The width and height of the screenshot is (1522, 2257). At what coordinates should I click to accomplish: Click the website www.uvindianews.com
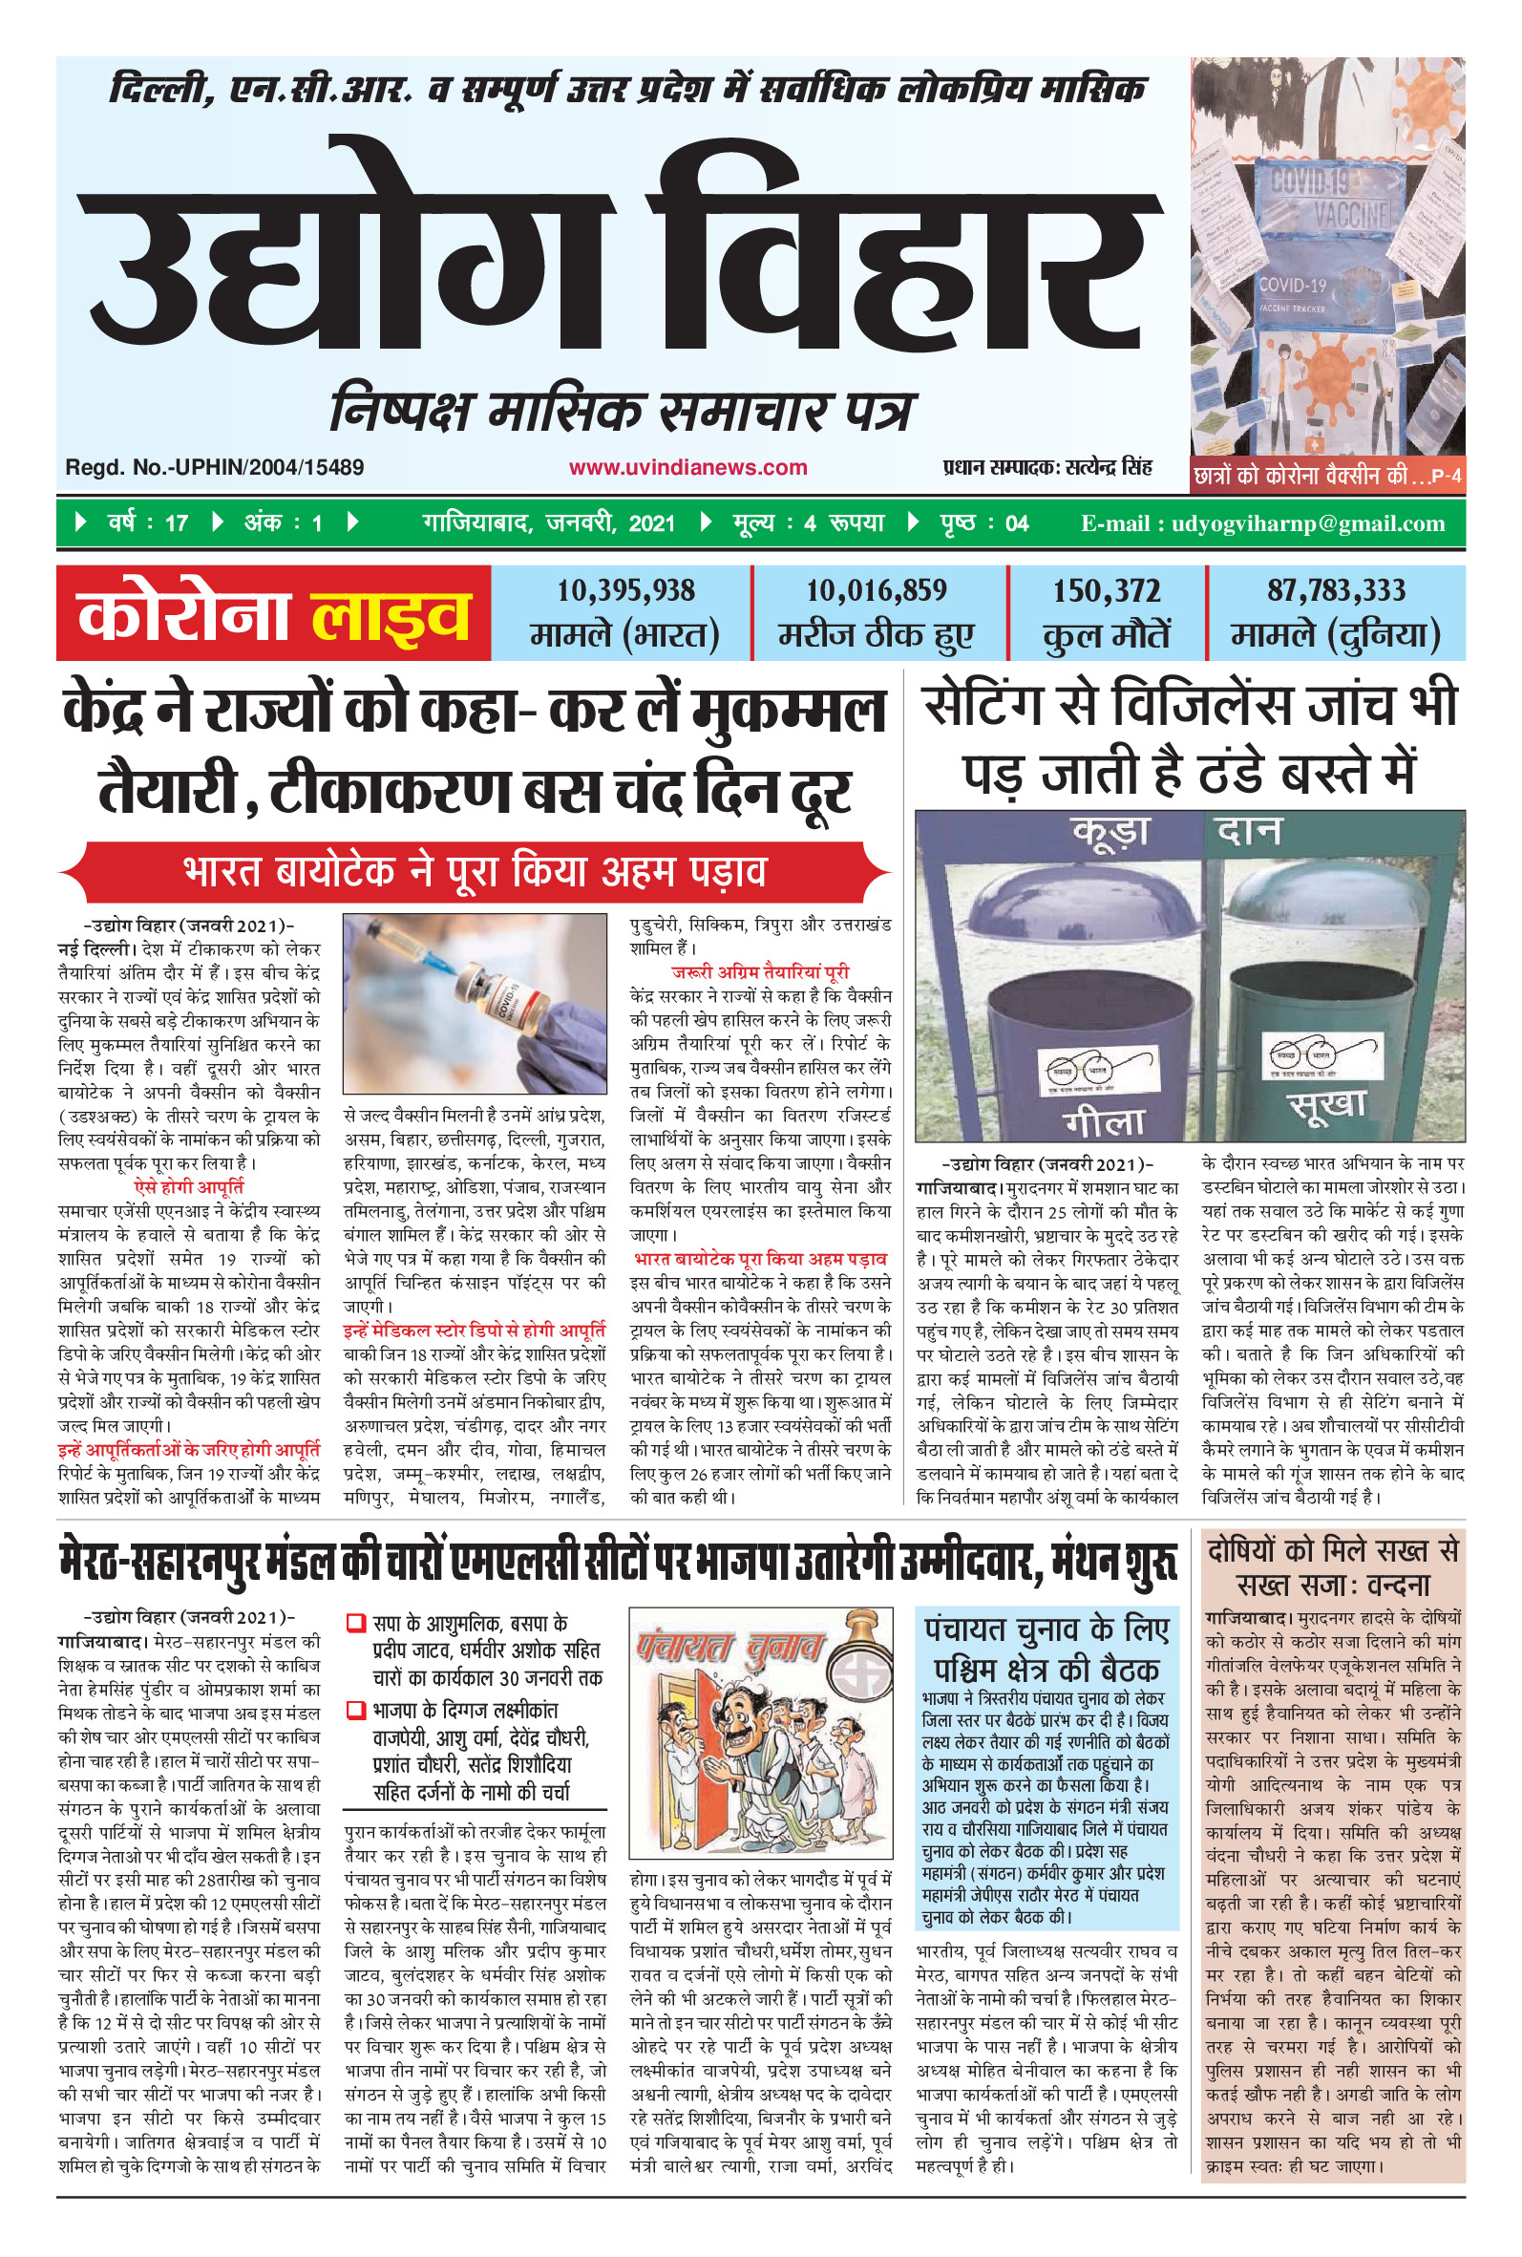[x=687, y=467]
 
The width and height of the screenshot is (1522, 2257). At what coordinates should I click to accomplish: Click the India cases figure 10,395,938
[x=625, y=590]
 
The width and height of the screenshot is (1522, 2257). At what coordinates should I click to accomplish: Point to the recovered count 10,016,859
[x=877, y=590]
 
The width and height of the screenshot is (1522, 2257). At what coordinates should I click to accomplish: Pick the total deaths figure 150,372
[x=1107, y=590]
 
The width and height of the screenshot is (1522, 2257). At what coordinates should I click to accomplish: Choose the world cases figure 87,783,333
[x=1336, y=590]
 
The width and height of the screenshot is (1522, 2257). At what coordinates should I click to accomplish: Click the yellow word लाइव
[x=391, y=615]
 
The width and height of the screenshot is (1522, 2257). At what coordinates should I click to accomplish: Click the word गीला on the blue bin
[x=1105, y=1122]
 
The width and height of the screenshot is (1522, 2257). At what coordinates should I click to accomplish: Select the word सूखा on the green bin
[x=1326, y=1105]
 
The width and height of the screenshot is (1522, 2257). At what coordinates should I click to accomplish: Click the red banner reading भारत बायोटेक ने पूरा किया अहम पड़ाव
[x=474, y=871]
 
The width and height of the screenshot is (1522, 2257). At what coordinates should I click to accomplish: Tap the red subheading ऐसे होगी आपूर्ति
[x=188, y=1186]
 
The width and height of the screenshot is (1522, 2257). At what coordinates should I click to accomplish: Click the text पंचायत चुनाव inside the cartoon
[x=729, y=1648]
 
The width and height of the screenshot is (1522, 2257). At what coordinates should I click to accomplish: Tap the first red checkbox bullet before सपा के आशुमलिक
[x=356, y=1622]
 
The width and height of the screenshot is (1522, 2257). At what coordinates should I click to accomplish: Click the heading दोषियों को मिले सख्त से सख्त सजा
[x=1333, y=1566]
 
